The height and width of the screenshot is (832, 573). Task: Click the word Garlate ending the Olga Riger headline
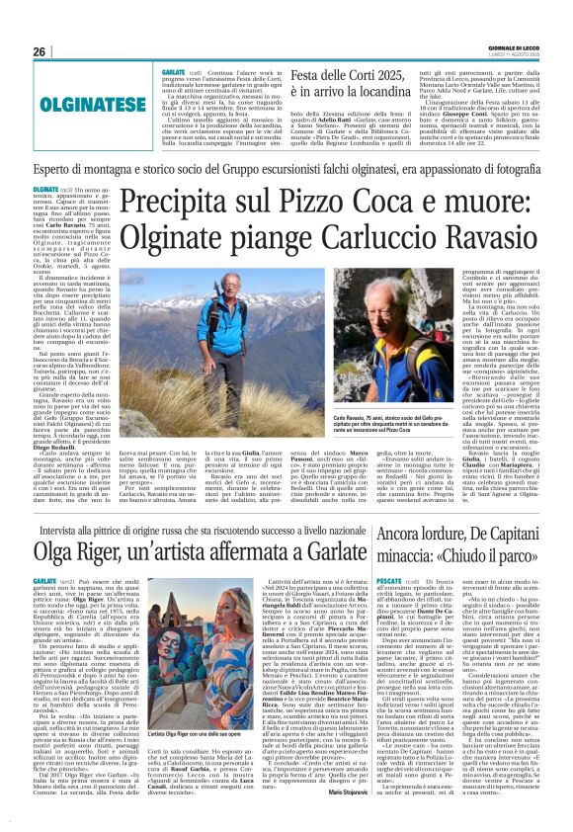point(353,543)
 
